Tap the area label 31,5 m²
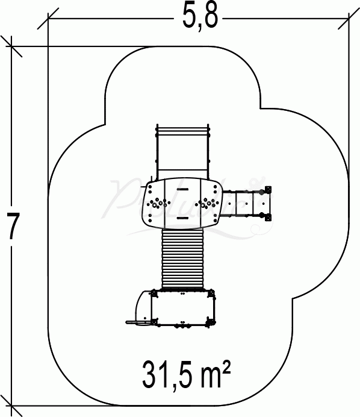pos(187,375)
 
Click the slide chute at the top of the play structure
pos(184,151)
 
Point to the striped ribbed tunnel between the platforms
pos(184,259)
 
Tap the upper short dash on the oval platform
pos(182,190)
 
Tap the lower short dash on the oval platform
pos(182,215)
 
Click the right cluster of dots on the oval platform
pos(209,203)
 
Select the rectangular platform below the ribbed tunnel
pos(182,309)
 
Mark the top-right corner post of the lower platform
pos(212,293)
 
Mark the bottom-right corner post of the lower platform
pos(212,324)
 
